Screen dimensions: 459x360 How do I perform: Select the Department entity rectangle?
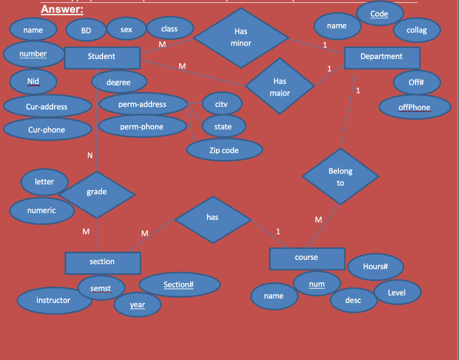381,57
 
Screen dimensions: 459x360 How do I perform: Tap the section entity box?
102,262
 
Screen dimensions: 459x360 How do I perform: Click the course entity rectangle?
307,258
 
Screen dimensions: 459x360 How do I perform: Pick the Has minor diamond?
241,38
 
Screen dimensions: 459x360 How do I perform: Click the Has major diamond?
280,86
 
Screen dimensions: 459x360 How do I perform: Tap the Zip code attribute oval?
224,150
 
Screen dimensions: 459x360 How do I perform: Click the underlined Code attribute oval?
379,14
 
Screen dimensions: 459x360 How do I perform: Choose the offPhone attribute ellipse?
414,107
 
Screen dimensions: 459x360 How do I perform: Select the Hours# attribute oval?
375,267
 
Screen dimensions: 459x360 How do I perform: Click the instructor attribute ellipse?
53,300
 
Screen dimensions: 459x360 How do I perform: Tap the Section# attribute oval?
178,285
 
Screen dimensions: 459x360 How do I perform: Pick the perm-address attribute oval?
142,104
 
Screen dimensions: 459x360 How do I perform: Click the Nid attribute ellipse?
33,81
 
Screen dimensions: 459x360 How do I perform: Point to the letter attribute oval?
44,182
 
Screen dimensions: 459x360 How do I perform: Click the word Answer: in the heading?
62,9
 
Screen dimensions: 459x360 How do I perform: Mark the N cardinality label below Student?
90,156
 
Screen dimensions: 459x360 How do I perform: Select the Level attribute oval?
397,293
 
